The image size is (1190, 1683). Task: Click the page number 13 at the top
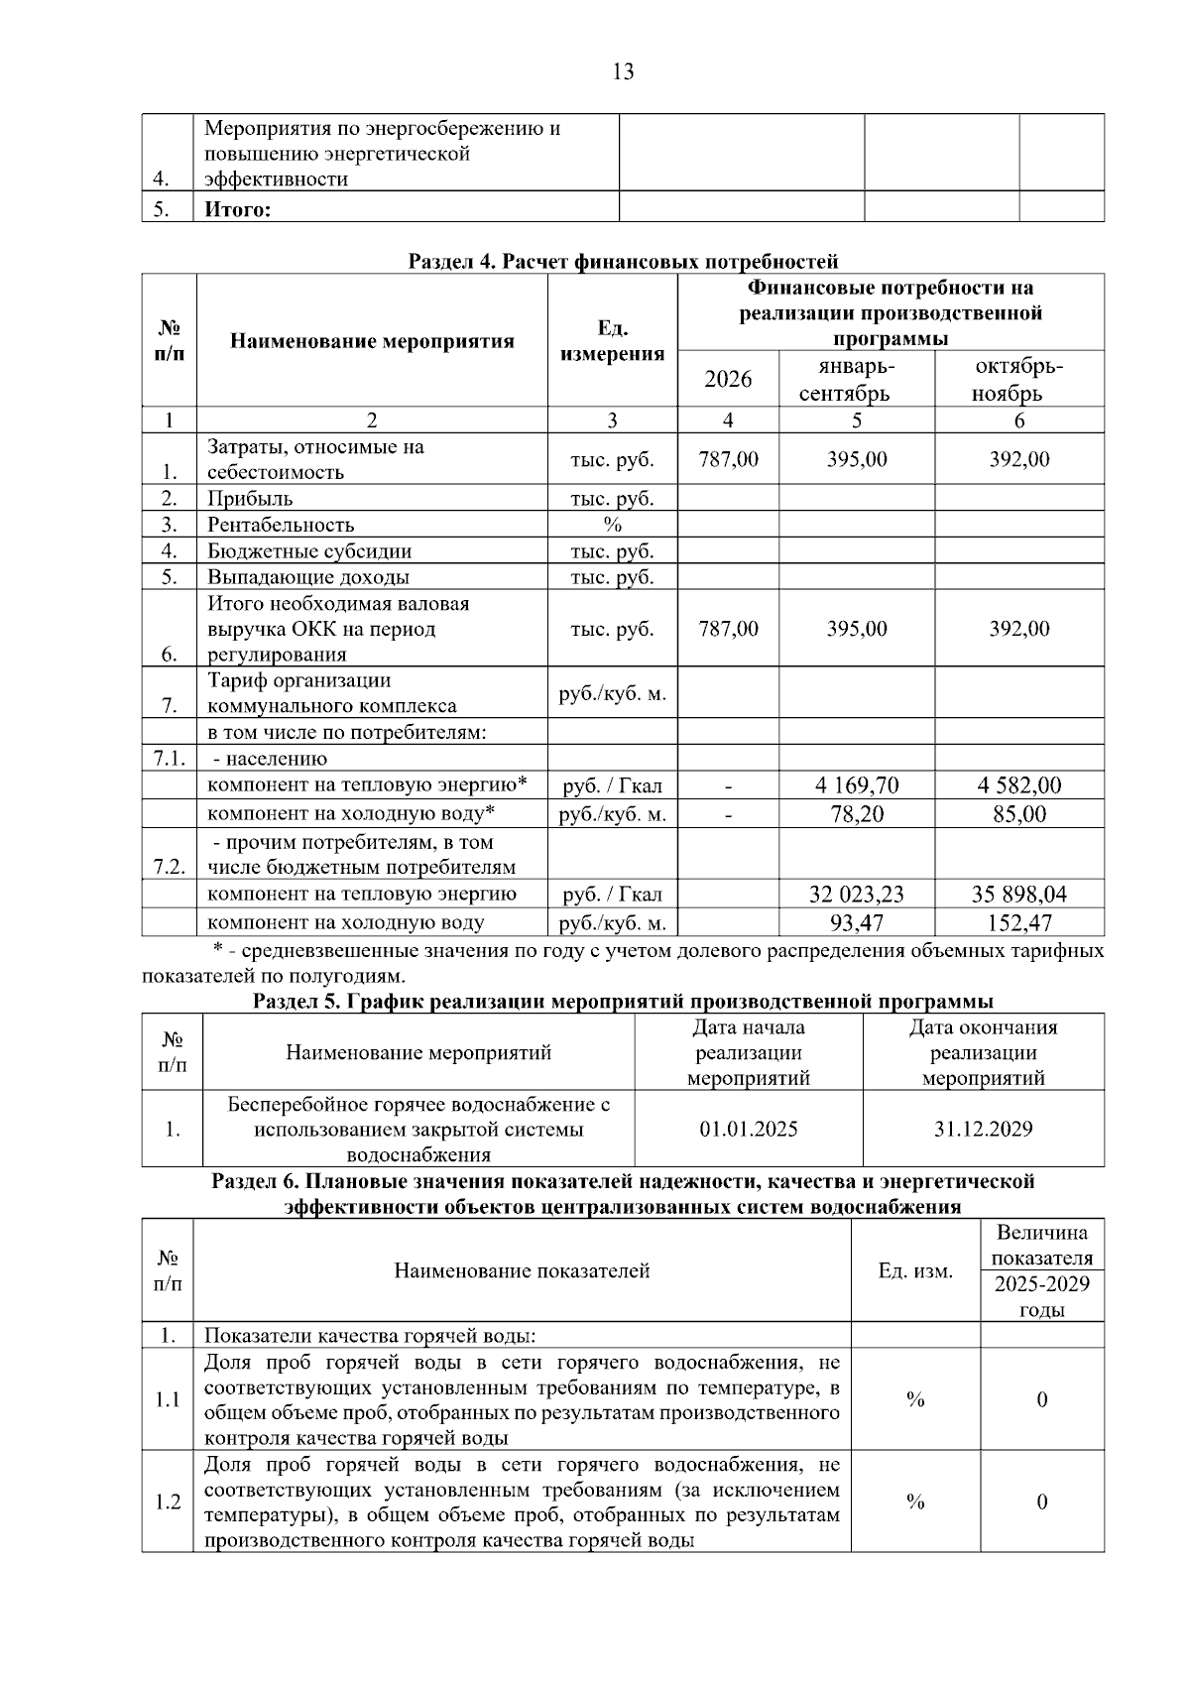coord(624,71)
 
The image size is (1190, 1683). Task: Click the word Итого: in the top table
coord(237,209)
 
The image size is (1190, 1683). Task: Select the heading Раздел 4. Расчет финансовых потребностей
coord(623,262)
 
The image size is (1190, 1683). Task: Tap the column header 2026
coord(728,380)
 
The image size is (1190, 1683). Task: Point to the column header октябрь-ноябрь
coord(1019,380)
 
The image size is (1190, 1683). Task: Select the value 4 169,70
coord(857,786)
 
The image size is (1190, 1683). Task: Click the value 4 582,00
coord(1018,786)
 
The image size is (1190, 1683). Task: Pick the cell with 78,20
coord(857,815)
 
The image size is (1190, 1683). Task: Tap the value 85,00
coord(1018,815)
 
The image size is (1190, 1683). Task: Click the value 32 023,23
coord(857,895)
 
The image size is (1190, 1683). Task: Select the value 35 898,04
coord(1018,895)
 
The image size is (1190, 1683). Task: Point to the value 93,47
coord(857,923)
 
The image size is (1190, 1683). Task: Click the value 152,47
coord(1018,923)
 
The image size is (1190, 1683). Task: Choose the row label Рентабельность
coord(281,525)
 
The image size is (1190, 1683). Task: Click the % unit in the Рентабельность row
coord(612,525)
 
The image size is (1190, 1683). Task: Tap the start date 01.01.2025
coord(749,1130)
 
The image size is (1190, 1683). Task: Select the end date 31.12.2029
coord(983,1130)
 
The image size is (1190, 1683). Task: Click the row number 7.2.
coord(170,867)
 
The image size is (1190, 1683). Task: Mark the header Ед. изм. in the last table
coord(915,1271)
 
